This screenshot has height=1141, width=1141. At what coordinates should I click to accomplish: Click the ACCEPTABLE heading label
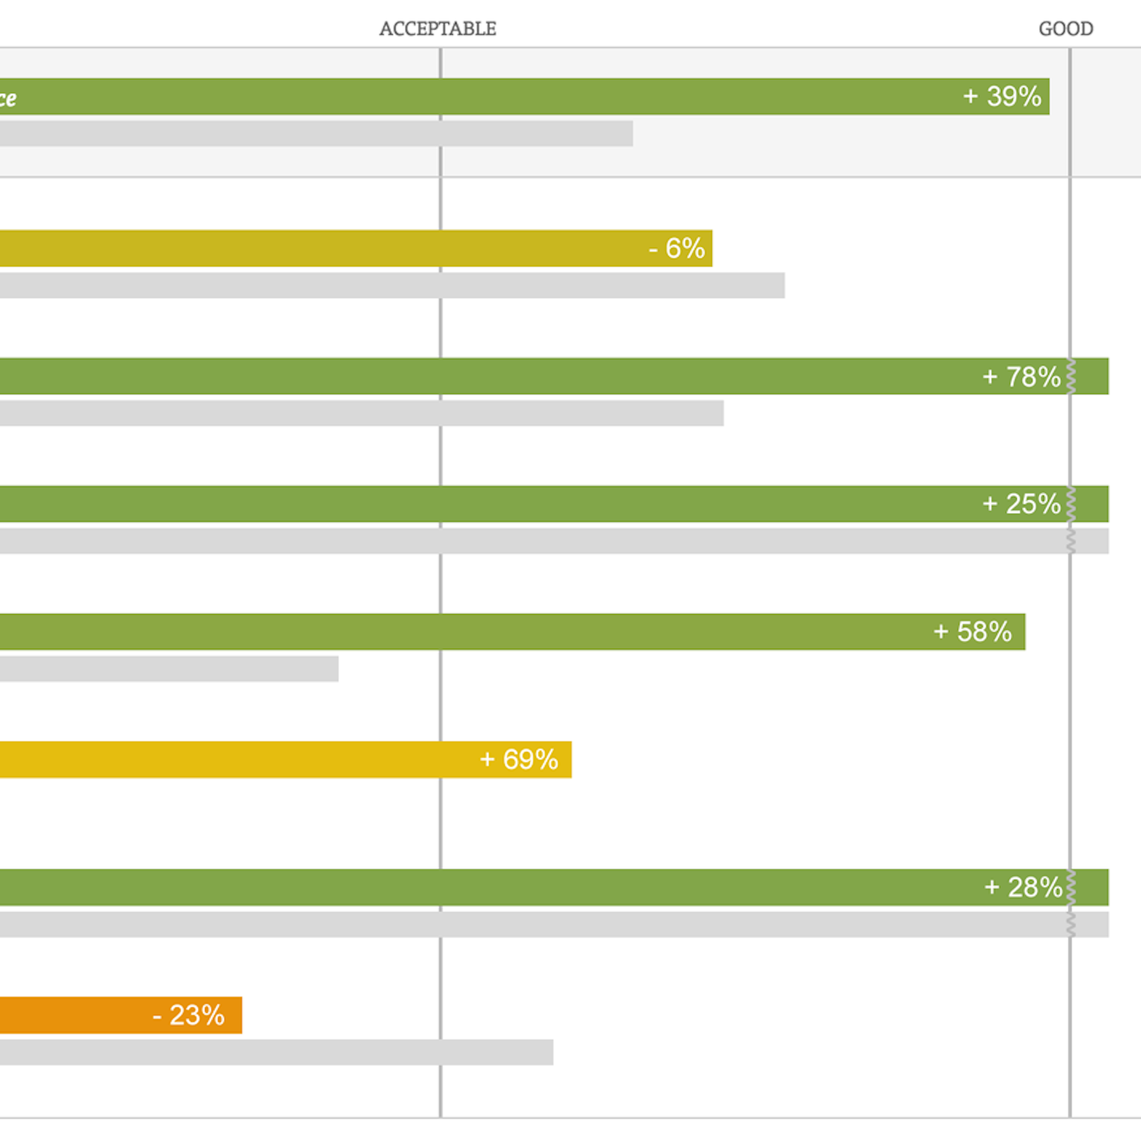pos(438,28)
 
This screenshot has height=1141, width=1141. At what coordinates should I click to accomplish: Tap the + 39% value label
pos(1002,96)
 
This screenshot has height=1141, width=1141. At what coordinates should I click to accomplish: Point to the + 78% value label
pos(1021,376)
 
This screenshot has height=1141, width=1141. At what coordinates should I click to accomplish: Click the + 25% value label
pos(1021,504)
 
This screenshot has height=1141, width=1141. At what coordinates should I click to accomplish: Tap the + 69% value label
pos(519,759)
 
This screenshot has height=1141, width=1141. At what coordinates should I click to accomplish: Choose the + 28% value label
pos(1023,887)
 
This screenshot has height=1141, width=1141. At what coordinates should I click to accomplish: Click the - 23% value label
pos(188,1015)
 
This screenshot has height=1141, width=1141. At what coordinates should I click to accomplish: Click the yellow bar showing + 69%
pos(236,759)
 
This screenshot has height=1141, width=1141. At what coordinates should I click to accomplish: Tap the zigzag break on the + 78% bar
pos(1071,376)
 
